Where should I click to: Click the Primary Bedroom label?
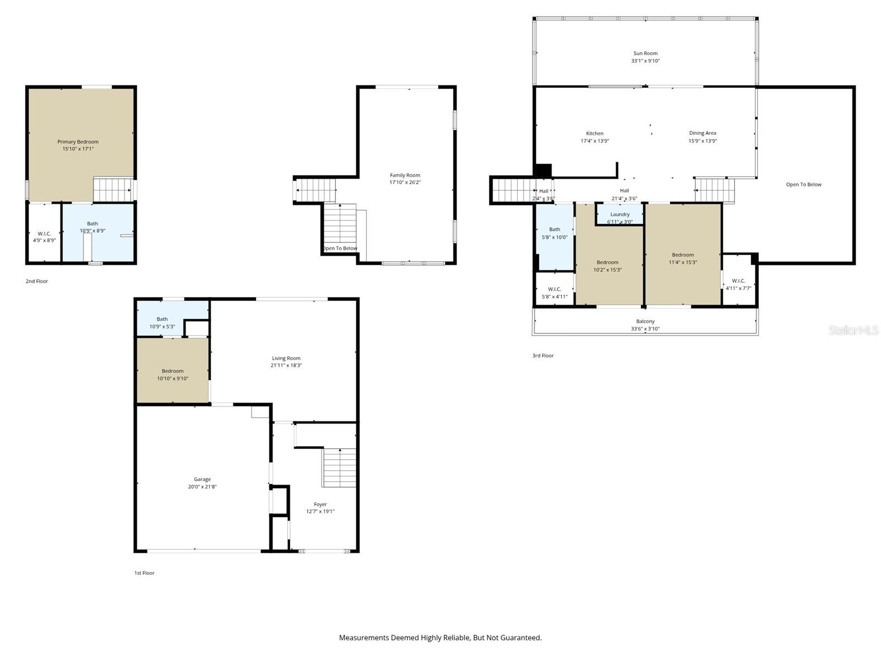[78, 142]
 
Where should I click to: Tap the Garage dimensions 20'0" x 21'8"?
[202, 487]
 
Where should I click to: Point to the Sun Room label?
[645, 53]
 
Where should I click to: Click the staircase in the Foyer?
[339, 468]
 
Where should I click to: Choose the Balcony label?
[645, 321]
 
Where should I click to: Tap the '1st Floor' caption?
[144, 573]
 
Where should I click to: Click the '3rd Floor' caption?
[542, 356]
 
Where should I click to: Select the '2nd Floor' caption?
[37, 282]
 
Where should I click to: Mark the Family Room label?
[405, 175]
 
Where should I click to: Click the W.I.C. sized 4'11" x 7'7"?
[738, 284]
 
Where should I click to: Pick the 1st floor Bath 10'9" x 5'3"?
[162, 323]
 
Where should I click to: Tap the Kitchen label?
[595, 134]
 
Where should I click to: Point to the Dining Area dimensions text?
[702, 141]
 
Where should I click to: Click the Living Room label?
[286, 359]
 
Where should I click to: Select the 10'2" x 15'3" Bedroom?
[607, 266]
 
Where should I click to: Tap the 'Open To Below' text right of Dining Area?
[803, 185]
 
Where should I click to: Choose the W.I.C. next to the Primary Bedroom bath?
[44, 237]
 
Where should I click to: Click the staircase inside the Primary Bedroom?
[113, 189]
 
